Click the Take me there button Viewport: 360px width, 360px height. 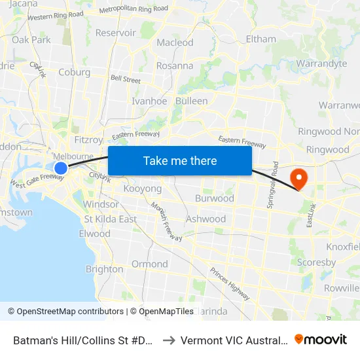coord(180,160)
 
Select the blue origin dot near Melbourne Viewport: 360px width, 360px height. coord(60,168)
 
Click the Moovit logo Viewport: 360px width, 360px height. coord(321,339)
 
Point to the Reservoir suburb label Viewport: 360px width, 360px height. coord(115,33)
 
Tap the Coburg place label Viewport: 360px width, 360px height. coord(74,73)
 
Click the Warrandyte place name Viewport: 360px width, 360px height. coord(321,63)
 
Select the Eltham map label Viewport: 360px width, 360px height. coord(261,39)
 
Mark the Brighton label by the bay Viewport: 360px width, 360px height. coord(104,269)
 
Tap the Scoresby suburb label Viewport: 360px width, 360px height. coord(317,262)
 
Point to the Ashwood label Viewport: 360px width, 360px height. coord(206,219)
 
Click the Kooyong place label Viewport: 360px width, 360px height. coord(142,189)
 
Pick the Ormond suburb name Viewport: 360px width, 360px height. coord(150,264)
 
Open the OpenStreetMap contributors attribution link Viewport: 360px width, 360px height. coord(66,312)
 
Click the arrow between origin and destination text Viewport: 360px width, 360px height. coord(168,340)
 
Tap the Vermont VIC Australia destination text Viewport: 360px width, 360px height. coord(234,340)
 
